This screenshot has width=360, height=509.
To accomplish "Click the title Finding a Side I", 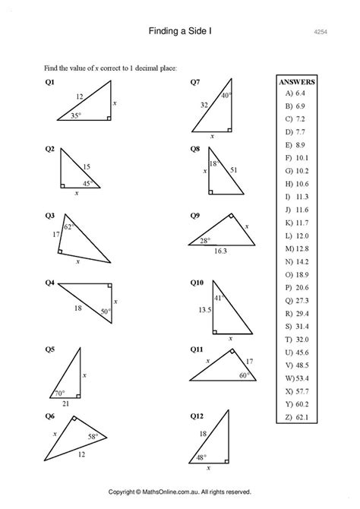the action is pyautogui.click(x=179, y=31).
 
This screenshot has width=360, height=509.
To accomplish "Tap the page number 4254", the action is pyautogui.click(x=320, y=32).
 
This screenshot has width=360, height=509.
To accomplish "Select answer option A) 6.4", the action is pyautogui.click(x=295, y=93).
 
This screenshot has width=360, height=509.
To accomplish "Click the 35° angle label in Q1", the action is pyautogui.click(x=76, y=115).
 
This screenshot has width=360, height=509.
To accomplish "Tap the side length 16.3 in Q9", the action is pyautogui.click(x=219, y=249).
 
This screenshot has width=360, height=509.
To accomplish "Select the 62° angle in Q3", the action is pyautogui.click(x=68, y=226).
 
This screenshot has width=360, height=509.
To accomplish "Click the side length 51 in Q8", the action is pyautogui.click(x=232, y=170).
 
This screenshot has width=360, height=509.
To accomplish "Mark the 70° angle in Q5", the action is pyautogui.click(x=61, y=394).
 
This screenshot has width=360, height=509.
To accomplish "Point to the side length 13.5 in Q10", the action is pyautogui.click(x=204, y=310).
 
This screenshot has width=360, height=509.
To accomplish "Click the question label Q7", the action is pyautogui.click(x=195, y=81).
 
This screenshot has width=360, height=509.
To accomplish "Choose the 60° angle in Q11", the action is pyautogui.click(x=245, y=375).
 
